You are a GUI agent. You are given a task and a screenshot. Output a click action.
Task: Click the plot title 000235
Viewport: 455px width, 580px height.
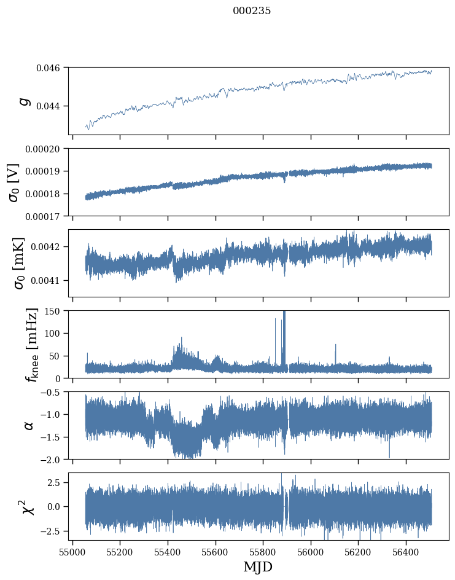(252, 11)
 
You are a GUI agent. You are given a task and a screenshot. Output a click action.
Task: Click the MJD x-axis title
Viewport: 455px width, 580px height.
(258, 567)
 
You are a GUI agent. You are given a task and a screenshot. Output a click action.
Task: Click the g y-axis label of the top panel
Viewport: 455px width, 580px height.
(25, 101)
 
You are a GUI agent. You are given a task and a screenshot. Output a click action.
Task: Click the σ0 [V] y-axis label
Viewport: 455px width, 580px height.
(14, 182)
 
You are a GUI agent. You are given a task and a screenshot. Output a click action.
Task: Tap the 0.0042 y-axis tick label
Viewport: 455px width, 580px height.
(49, 247)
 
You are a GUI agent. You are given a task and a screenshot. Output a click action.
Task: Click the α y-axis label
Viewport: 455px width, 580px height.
(28, 425)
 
